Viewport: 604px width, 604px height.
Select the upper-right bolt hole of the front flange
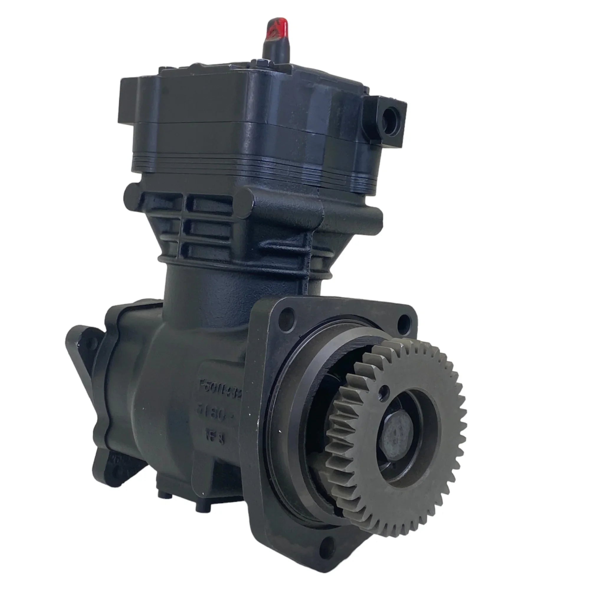coord(403,322)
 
